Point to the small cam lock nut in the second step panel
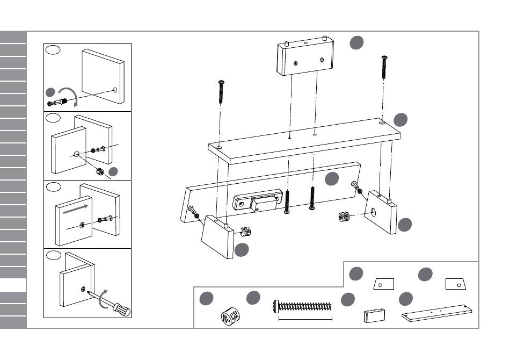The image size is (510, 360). [99, 173]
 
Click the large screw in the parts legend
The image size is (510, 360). [303, 306]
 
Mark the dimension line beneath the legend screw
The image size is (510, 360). [305, 319]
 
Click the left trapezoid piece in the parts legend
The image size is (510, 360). [383, 283]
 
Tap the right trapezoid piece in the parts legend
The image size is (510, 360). [455, 283]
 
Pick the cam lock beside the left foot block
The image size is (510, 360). [245, 232]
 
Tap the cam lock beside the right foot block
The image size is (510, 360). [345, 217]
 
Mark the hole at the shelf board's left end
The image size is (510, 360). [219, 146]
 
